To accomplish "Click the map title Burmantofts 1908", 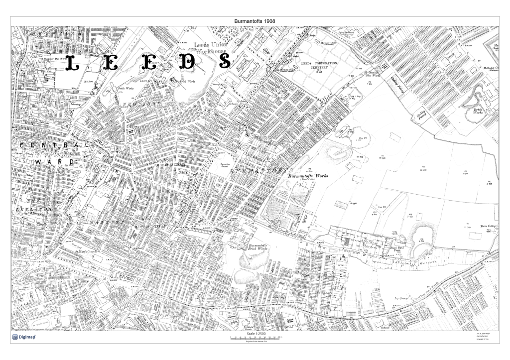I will pyautogui.click(x=255, y=21).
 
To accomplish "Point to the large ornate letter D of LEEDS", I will pyautogui.click(x=187, y=62).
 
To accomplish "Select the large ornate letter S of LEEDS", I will pyautogui.click(x=224, y=61).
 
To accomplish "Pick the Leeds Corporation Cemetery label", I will pyautogui.click(x=319, y=66).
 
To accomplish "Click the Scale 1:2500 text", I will pyautogui.click(x=255, y=333).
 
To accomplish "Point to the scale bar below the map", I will pyautogui.click(x=255, y=338).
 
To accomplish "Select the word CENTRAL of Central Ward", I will pyautogui.click(x=53, y=144).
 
